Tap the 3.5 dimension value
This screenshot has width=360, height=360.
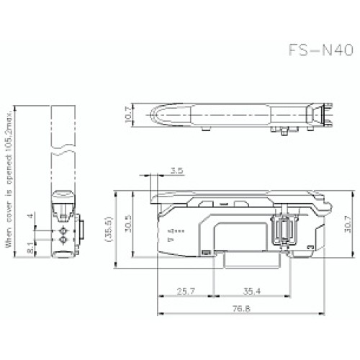pos(176,171)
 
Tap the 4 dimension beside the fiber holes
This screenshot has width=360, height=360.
pos(29,216)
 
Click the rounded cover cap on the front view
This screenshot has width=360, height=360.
pos(63,194)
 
